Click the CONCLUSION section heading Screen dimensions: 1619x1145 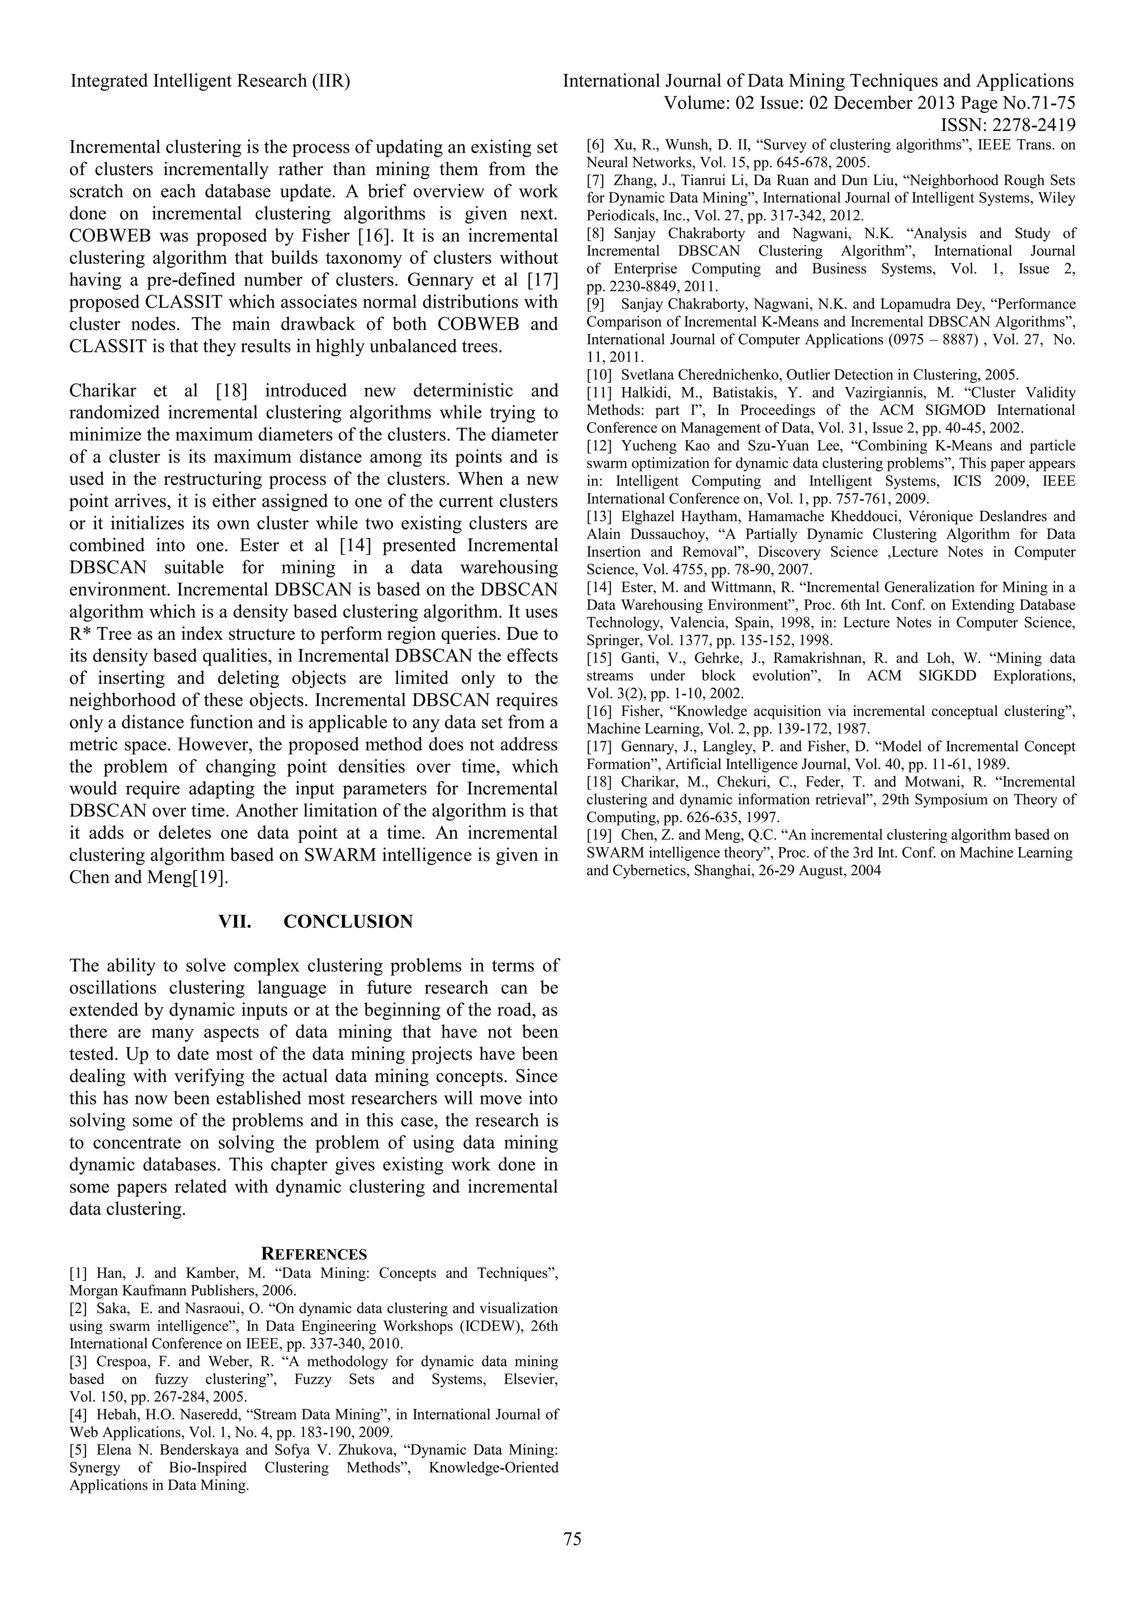point(348,922)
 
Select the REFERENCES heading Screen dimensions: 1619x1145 point(314,1254)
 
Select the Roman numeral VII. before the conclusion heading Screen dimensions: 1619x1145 point(235,922)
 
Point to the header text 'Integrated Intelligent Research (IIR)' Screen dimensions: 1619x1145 point(210,81)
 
